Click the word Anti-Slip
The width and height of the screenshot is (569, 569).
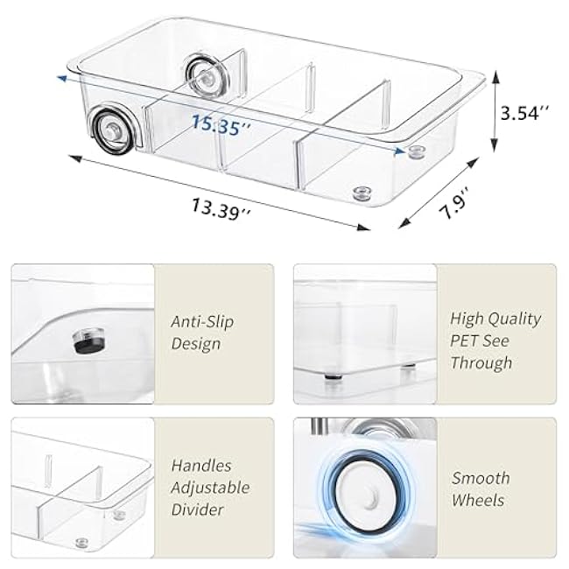pyautogui.click(x=202, y=321)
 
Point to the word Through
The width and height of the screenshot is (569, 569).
pyautogui.click(x=481, y=362)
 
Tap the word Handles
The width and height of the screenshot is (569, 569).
pyautogui.click(x=202, y=467)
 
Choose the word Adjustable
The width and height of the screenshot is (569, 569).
pyautogui.click(x=210, y=488)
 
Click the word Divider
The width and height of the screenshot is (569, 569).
pyautogui.click(x=198, y=509)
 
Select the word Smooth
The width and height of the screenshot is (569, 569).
pyautogui.click(x=481, y=478)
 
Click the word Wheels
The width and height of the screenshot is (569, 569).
pyautogui.click(x=478, y=500)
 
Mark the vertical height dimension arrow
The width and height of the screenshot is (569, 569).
pyautogui.click(x=495, y=112)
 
